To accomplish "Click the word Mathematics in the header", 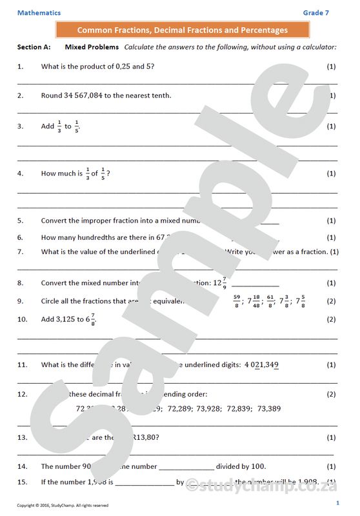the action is pyautogui.click(x=39, y=13).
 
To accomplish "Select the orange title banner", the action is pyautogui.click(x=183, y=30).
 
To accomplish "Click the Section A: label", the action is pyautogui.click(x=34, y=47).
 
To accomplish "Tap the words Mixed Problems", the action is pyautogui.click(x=92, y=47).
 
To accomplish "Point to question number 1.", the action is pyautogui.click(x=20, y=66).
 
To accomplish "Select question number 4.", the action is pyautogui.click(x=20, y=174).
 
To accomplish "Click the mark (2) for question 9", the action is pyautogui.click(x=331, y=301).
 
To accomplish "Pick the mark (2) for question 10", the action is pyautogui.click(x=331, y=319).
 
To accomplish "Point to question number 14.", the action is pyautogui.click(x=22, y=466).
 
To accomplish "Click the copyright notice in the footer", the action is pyautogui.click(x=63, y=505).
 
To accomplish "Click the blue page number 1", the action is pyautogui.click(x=337, y=502).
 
